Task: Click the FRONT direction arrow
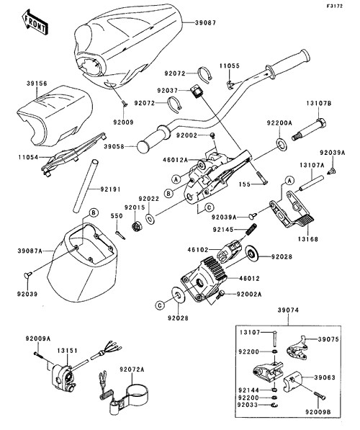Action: pos(35,22)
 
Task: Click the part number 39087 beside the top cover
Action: pos(206,23)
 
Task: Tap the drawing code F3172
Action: pos(334,6)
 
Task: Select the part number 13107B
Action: pos(319,104)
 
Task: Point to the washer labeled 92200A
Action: pos(282,145)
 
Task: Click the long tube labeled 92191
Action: pos(85,186)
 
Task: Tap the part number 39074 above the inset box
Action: pos(288,310)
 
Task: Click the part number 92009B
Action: pos(318,412)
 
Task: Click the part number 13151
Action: pos(68,351)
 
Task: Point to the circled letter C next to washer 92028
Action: pos(160,305)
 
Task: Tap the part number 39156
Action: pos(37,83)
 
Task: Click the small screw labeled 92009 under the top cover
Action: pos(125,103)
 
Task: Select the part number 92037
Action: pos(168,90)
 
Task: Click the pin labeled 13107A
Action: pos(312,183)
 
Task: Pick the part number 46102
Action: pos(198,249)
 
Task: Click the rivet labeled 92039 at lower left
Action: pos(28,274)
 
